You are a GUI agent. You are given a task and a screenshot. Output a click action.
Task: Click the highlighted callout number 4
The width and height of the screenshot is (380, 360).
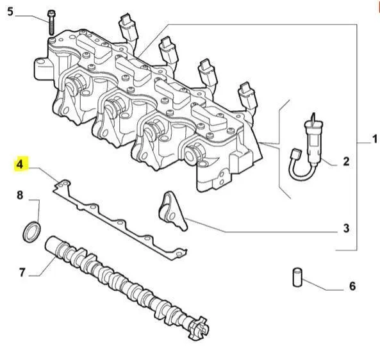point(20,164)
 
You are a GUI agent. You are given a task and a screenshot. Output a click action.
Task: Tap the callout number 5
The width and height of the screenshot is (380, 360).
point(10,12)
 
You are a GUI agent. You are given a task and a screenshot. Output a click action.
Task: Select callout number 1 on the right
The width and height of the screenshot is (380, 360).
point(375,139)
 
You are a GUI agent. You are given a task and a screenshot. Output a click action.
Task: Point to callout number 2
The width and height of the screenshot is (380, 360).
point(346,161)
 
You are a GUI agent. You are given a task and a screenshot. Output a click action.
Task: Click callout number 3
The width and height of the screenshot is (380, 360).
point(346,228)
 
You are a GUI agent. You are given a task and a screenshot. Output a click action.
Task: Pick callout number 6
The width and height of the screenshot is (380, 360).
point(352,286)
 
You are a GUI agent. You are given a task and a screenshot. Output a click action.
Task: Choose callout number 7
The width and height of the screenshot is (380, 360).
point(22,272)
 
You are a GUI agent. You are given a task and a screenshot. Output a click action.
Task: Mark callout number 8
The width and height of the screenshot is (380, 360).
point(20,195)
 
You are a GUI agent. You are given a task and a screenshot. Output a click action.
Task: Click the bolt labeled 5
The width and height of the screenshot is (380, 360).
point(52,22)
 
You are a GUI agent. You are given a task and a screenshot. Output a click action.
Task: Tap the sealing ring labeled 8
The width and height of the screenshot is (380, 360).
point(32,232)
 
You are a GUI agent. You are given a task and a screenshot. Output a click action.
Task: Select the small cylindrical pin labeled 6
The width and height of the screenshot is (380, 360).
point(297,277)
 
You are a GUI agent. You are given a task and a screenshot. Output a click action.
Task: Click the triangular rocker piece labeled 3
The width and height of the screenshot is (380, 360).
point(172,211)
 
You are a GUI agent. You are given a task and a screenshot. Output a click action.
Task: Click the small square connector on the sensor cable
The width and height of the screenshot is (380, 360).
point(295,154)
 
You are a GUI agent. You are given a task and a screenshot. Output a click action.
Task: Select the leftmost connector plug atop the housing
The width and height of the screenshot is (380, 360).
point(128,28)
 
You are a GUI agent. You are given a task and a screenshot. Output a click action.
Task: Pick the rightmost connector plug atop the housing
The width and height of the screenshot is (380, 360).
point(248,96)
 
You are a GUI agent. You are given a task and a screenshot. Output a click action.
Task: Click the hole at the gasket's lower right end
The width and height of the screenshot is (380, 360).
point(179,254)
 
